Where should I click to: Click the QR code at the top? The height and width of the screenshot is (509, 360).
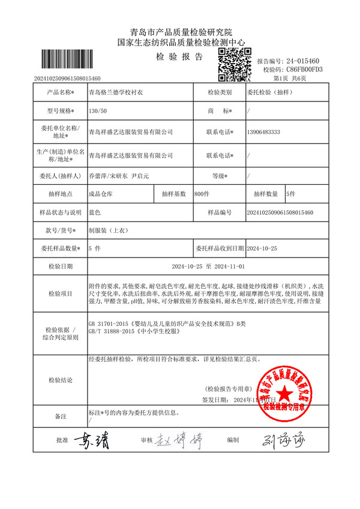tap(233, 65)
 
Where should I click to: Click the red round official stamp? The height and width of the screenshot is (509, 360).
tap(284, 394)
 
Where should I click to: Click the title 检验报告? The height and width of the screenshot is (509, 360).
tap(179, 57)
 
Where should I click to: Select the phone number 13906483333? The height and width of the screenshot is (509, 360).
tap(264, 132)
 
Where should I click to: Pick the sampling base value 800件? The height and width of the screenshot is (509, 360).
tap(202, 194)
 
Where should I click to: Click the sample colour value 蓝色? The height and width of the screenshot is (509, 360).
tap(95, 212)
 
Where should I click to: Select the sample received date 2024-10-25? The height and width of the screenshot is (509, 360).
tap(263, 248)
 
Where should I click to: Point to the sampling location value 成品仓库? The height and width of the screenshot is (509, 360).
tap(100, 194)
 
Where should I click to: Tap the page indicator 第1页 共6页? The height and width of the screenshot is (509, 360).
tap(290, 79)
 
